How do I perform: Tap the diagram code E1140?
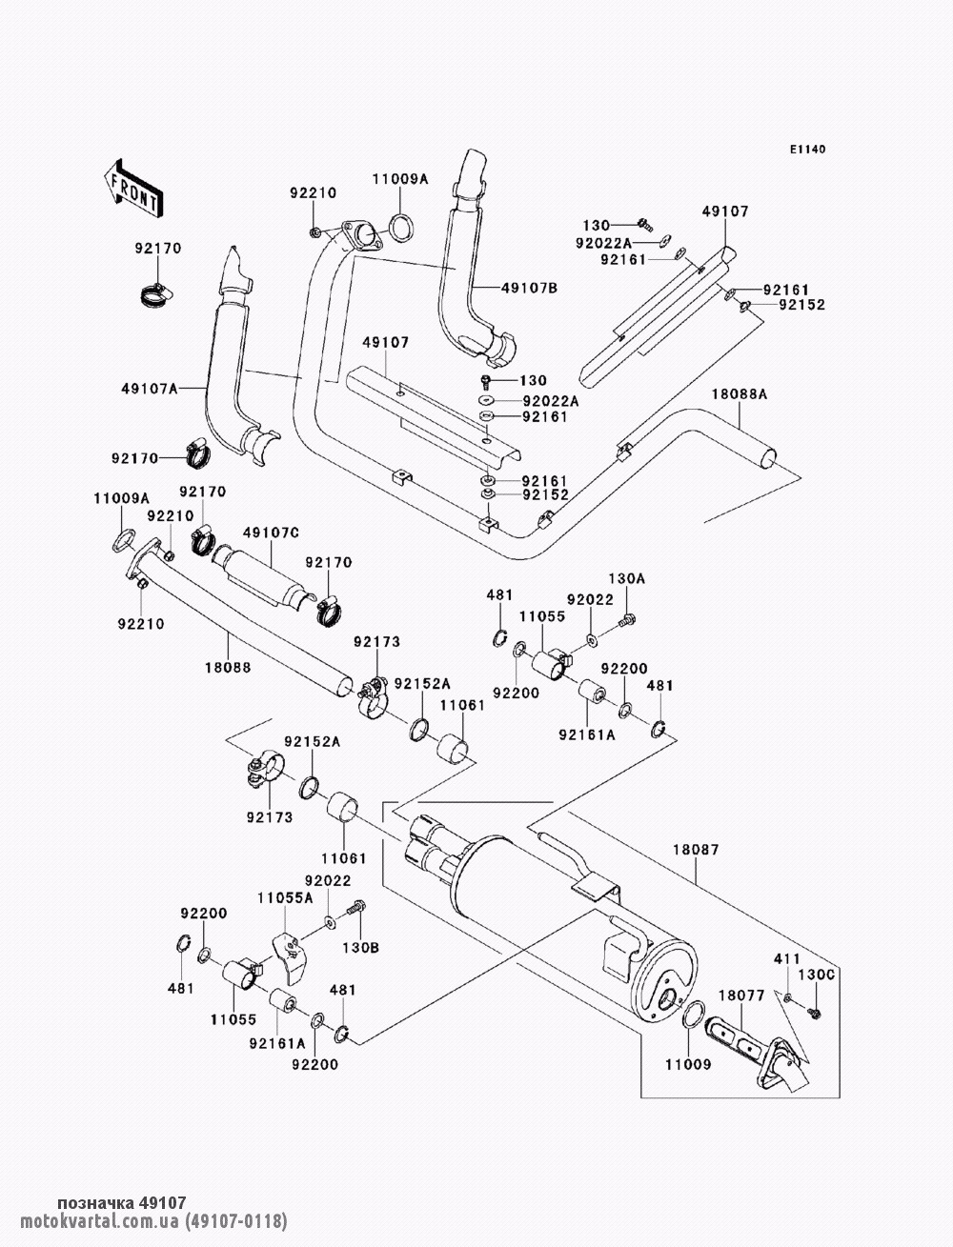(806, 150)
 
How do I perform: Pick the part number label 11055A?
(283, 896)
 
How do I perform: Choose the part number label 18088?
(228, 669)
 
